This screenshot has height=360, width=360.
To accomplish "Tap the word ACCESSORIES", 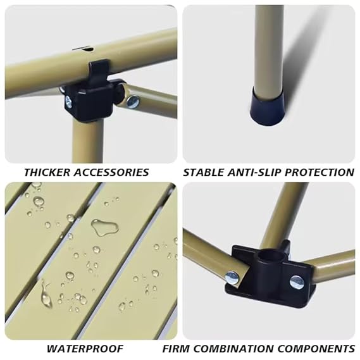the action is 112,173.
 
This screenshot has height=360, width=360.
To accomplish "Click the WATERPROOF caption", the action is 85,349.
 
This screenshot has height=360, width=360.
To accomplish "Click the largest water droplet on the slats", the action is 105,227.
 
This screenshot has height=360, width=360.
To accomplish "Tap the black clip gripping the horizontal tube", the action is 98,70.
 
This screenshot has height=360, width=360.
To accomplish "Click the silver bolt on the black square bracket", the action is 69,102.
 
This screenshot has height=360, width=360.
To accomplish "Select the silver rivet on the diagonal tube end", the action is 133,102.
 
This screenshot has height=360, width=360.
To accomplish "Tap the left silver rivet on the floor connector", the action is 232,277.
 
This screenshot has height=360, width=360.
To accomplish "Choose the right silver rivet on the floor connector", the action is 296,282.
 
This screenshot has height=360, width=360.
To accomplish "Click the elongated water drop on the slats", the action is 46,295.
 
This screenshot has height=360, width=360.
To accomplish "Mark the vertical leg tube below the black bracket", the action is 88,142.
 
